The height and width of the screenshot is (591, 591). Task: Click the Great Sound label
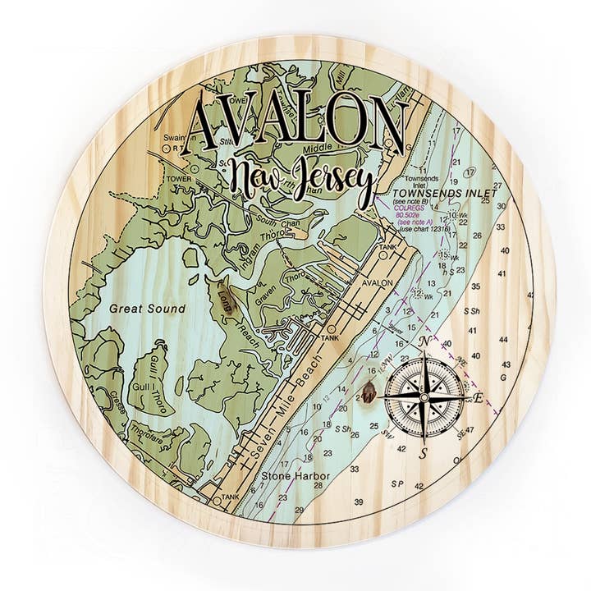tap(146, 309)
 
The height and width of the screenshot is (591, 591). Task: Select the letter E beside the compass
tap(479, 400)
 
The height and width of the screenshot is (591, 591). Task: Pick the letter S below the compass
tap(424, 452)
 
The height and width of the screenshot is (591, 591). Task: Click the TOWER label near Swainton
tap(177, 176)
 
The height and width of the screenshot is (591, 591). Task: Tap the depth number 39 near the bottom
tap(359, 501)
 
